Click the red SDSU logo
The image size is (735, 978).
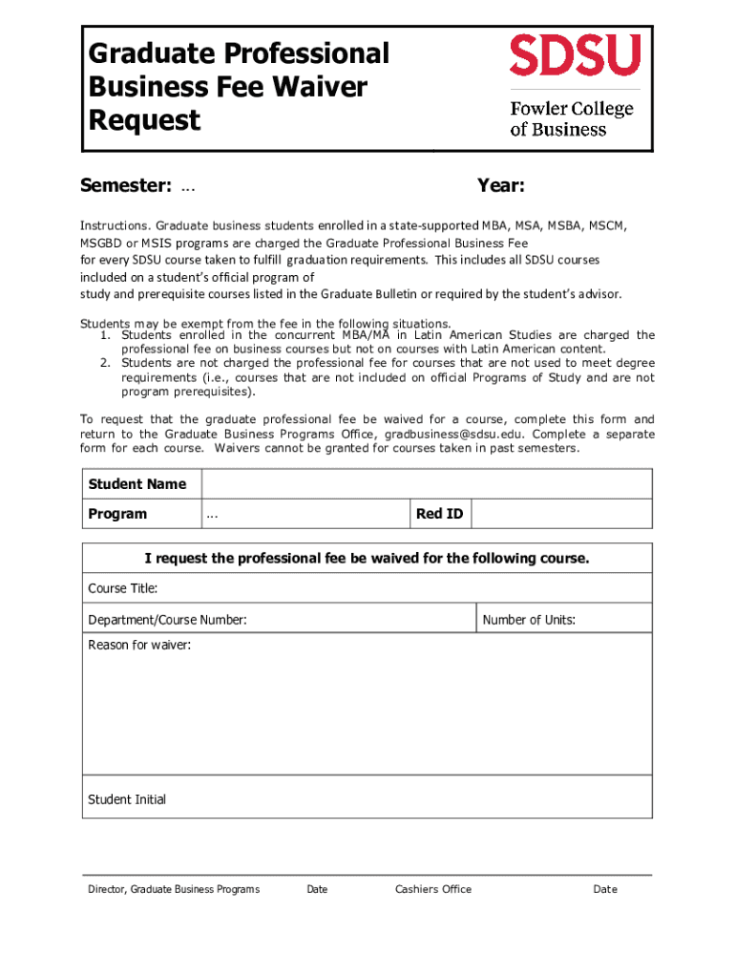click(575, 54)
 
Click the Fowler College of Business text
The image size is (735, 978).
click(571, 118)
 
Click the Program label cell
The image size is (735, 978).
click(118, 514)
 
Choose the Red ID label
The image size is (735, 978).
click(439, 514)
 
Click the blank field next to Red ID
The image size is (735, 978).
click(562, 514)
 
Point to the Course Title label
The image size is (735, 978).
click(123, 587)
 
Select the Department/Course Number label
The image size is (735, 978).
click(167, 620)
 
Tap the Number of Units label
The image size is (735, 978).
click(529, 620)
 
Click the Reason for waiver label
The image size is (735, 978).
click(139, 645)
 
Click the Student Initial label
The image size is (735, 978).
click(127, 799)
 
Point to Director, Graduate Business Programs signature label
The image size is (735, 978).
click(174, 889)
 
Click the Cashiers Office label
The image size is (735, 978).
click(433, 889)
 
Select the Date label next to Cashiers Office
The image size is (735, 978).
click(605, 889)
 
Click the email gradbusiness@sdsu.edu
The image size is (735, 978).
click(454, 434)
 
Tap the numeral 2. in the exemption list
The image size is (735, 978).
click(107, 363)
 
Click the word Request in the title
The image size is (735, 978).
click(144, 121)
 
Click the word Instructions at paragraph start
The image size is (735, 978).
click(114, 225)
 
